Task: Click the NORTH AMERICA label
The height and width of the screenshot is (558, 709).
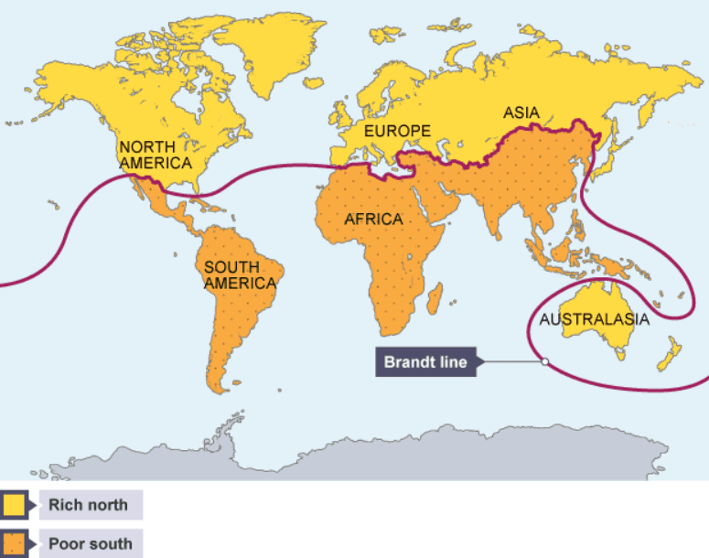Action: (x=155, y=155)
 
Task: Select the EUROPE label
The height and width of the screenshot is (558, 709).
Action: (x=397, y=132)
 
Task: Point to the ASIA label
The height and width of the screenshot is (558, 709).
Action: (x=521, y=113)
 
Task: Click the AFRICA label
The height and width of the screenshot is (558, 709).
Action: (x=373, y=220)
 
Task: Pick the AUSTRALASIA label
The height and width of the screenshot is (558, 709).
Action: (x=594, y=319)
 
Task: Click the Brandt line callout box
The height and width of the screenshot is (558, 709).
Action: (x=425, y=362)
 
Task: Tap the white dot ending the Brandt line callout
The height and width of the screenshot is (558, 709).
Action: (x=544, y=361)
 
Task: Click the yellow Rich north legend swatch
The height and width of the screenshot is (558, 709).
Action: (x=13, y=504)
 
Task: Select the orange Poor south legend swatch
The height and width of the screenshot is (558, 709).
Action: (x=13, y=543)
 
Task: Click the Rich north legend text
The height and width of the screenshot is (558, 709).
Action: (x=89, y=504)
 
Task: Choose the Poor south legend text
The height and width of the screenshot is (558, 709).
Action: (x=90, y=543)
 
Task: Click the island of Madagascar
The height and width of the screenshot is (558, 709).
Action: (x=435, y=298)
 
